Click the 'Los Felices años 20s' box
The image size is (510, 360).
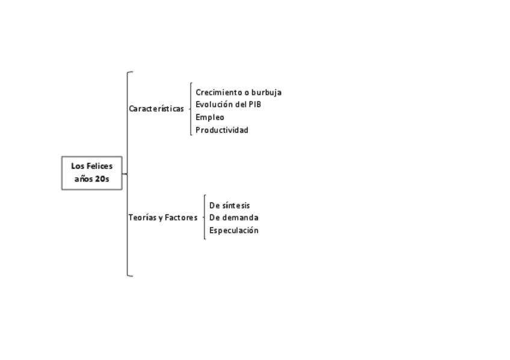92,172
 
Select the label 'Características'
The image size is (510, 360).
156,109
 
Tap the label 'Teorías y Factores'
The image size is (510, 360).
162,218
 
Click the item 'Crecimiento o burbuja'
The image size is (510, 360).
238,93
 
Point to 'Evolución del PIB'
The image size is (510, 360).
228,105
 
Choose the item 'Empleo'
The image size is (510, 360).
210,117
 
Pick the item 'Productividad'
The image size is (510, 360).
222,130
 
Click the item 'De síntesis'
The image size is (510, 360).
229,206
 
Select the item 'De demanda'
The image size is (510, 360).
233,218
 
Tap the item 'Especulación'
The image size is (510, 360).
233,230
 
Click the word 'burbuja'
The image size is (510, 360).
266,93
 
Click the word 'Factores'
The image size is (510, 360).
181,218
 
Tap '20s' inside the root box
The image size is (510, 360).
102,179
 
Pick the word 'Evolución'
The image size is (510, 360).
214,105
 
